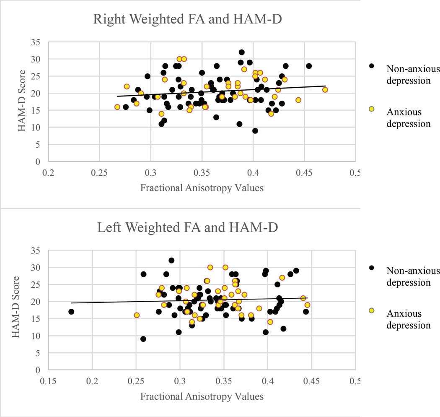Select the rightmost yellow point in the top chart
[x=325, y=89]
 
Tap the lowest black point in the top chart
[x=255, y=130]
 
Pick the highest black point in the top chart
[x=242, y=52]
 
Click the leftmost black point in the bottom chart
[x=71, y=312]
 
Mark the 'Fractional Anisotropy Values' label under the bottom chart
[x=202, y=396]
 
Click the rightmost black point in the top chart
[x=309, y=66]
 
